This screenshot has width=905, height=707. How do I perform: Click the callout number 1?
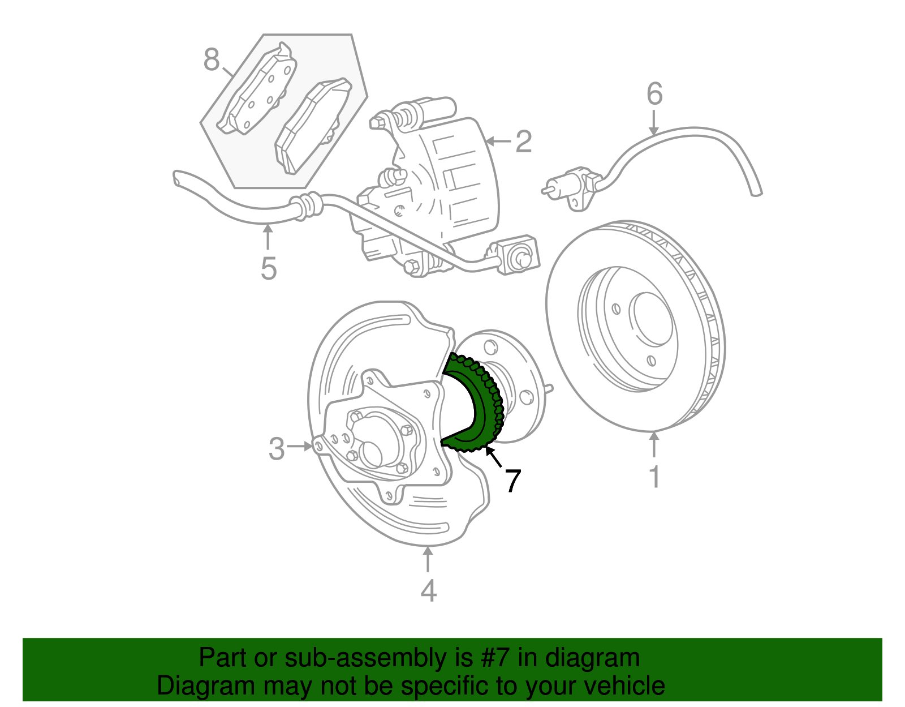pyautogui.click(x=654, y=477)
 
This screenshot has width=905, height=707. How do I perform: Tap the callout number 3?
pyautogui.click(x=277, y=448)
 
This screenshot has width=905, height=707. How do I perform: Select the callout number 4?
pyautogui.click(x=428, y=590)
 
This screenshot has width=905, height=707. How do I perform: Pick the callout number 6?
pyautogui.click(x=654, y=93)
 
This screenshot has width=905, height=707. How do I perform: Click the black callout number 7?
pyautogui.click(x=512, y=481)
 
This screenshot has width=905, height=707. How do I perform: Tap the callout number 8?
pyautogui.click(x=211, y=59)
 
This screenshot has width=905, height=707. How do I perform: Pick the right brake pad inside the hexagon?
pyautogui.click(x=312, y=126)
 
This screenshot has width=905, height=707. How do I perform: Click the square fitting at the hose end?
pyautogui.click(x=516, y=256)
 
